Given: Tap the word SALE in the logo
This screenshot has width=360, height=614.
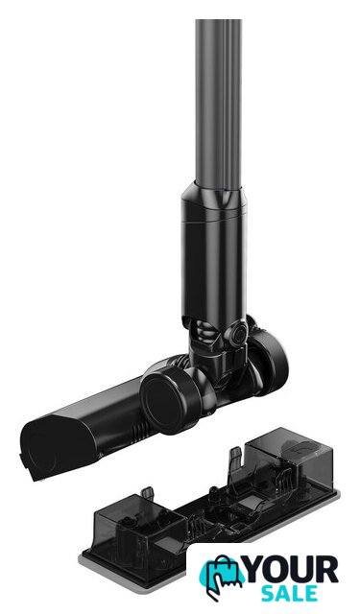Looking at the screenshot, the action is tap(290, 593).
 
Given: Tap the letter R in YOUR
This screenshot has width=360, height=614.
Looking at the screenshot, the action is tap(328, 569).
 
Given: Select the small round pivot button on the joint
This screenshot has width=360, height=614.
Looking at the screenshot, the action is tap(237, 334).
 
